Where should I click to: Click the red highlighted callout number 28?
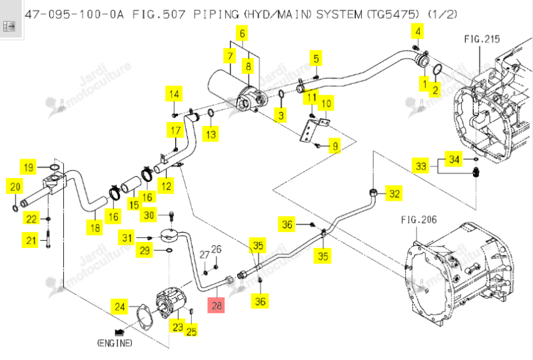coord(217,305)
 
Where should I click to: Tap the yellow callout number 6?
coord(242,33)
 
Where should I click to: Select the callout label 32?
coord(394,193)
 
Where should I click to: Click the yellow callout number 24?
coord(119,307)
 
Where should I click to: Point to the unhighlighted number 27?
coord(204,255)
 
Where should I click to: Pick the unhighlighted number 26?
coord(216,249)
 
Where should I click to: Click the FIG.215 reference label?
coord(482,39)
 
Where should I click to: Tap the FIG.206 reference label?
coord(419,219)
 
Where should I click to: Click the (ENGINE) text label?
coord(115,343)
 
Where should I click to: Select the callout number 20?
coord(15,187)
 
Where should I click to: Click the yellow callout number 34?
coord(454,159)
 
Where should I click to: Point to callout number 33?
coord(421,166)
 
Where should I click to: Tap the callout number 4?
coord(418,31)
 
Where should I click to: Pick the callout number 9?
coord(335,146)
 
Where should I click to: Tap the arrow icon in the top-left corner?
coord(9,26)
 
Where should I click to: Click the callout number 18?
coord(95,227)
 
